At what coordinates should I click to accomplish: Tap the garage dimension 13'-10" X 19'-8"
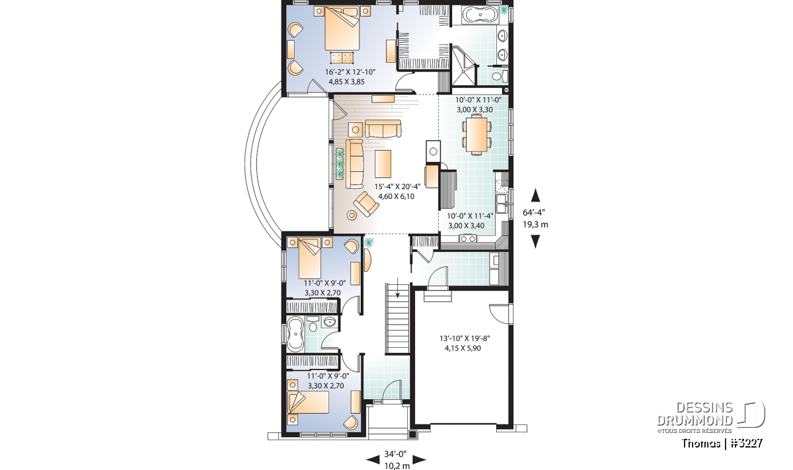tap(465, 338)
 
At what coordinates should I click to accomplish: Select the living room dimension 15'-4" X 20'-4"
tap(397, 186)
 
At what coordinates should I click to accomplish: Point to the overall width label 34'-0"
tap(395, 453)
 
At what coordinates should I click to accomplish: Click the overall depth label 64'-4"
tap(534, 212)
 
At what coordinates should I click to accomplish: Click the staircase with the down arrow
tap(397, 318)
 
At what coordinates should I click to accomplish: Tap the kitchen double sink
tap(502, 204)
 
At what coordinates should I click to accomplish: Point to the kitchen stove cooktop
tap(468, 239)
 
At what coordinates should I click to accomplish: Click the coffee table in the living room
tap(383, 164)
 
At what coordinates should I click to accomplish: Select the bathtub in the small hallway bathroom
tap(295, 334)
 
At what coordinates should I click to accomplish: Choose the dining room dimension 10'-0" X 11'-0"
tap(478, 100)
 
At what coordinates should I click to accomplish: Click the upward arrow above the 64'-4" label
tap(536, 195)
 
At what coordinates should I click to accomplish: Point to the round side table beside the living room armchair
tap(352, 215)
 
